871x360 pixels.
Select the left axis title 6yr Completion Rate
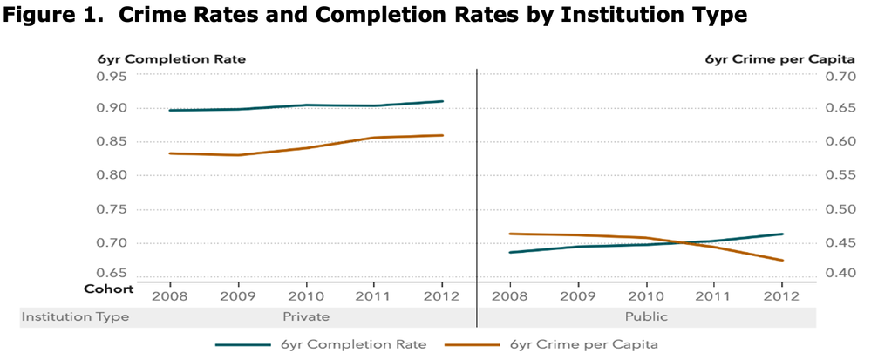[172, 59]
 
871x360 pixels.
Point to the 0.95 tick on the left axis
[111, 76]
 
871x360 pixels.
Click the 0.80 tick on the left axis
[111, 175]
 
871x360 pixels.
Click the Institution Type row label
[75, 316]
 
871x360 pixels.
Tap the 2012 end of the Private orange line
[443, 135]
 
